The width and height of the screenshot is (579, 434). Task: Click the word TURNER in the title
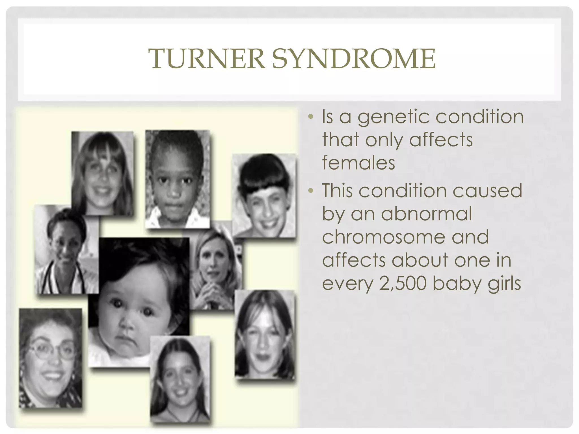[x=206, y=58]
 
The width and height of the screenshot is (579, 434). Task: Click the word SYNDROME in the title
[x=354, y=58]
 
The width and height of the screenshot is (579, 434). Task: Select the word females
[x=358, y=163]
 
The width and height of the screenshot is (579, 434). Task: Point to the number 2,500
[x=403, y=283]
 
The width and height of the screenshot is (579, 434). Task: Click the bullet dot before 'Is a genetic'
[x=311, y=116]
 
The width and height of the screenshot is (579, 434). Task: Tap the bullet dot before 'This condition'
[x=311, y=191]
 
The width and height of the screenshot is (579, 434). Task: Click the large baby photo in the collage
[x=139, y=302]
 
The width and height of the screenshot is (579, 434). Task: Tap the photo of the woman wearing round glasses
[x=50, y=358]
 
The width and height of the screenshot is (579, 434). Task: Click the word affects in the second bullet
[x=354, y=260]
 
